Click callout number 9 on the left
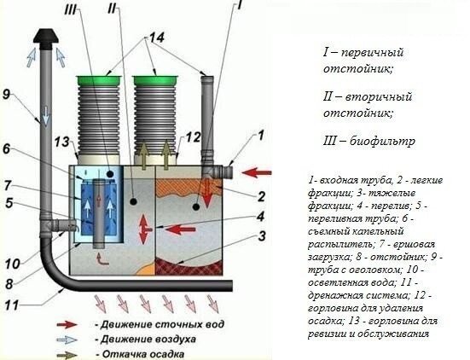8,96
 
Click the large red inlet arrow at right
257,173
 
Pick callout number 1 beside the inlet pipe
263,135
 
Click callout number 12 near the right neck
192,136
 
